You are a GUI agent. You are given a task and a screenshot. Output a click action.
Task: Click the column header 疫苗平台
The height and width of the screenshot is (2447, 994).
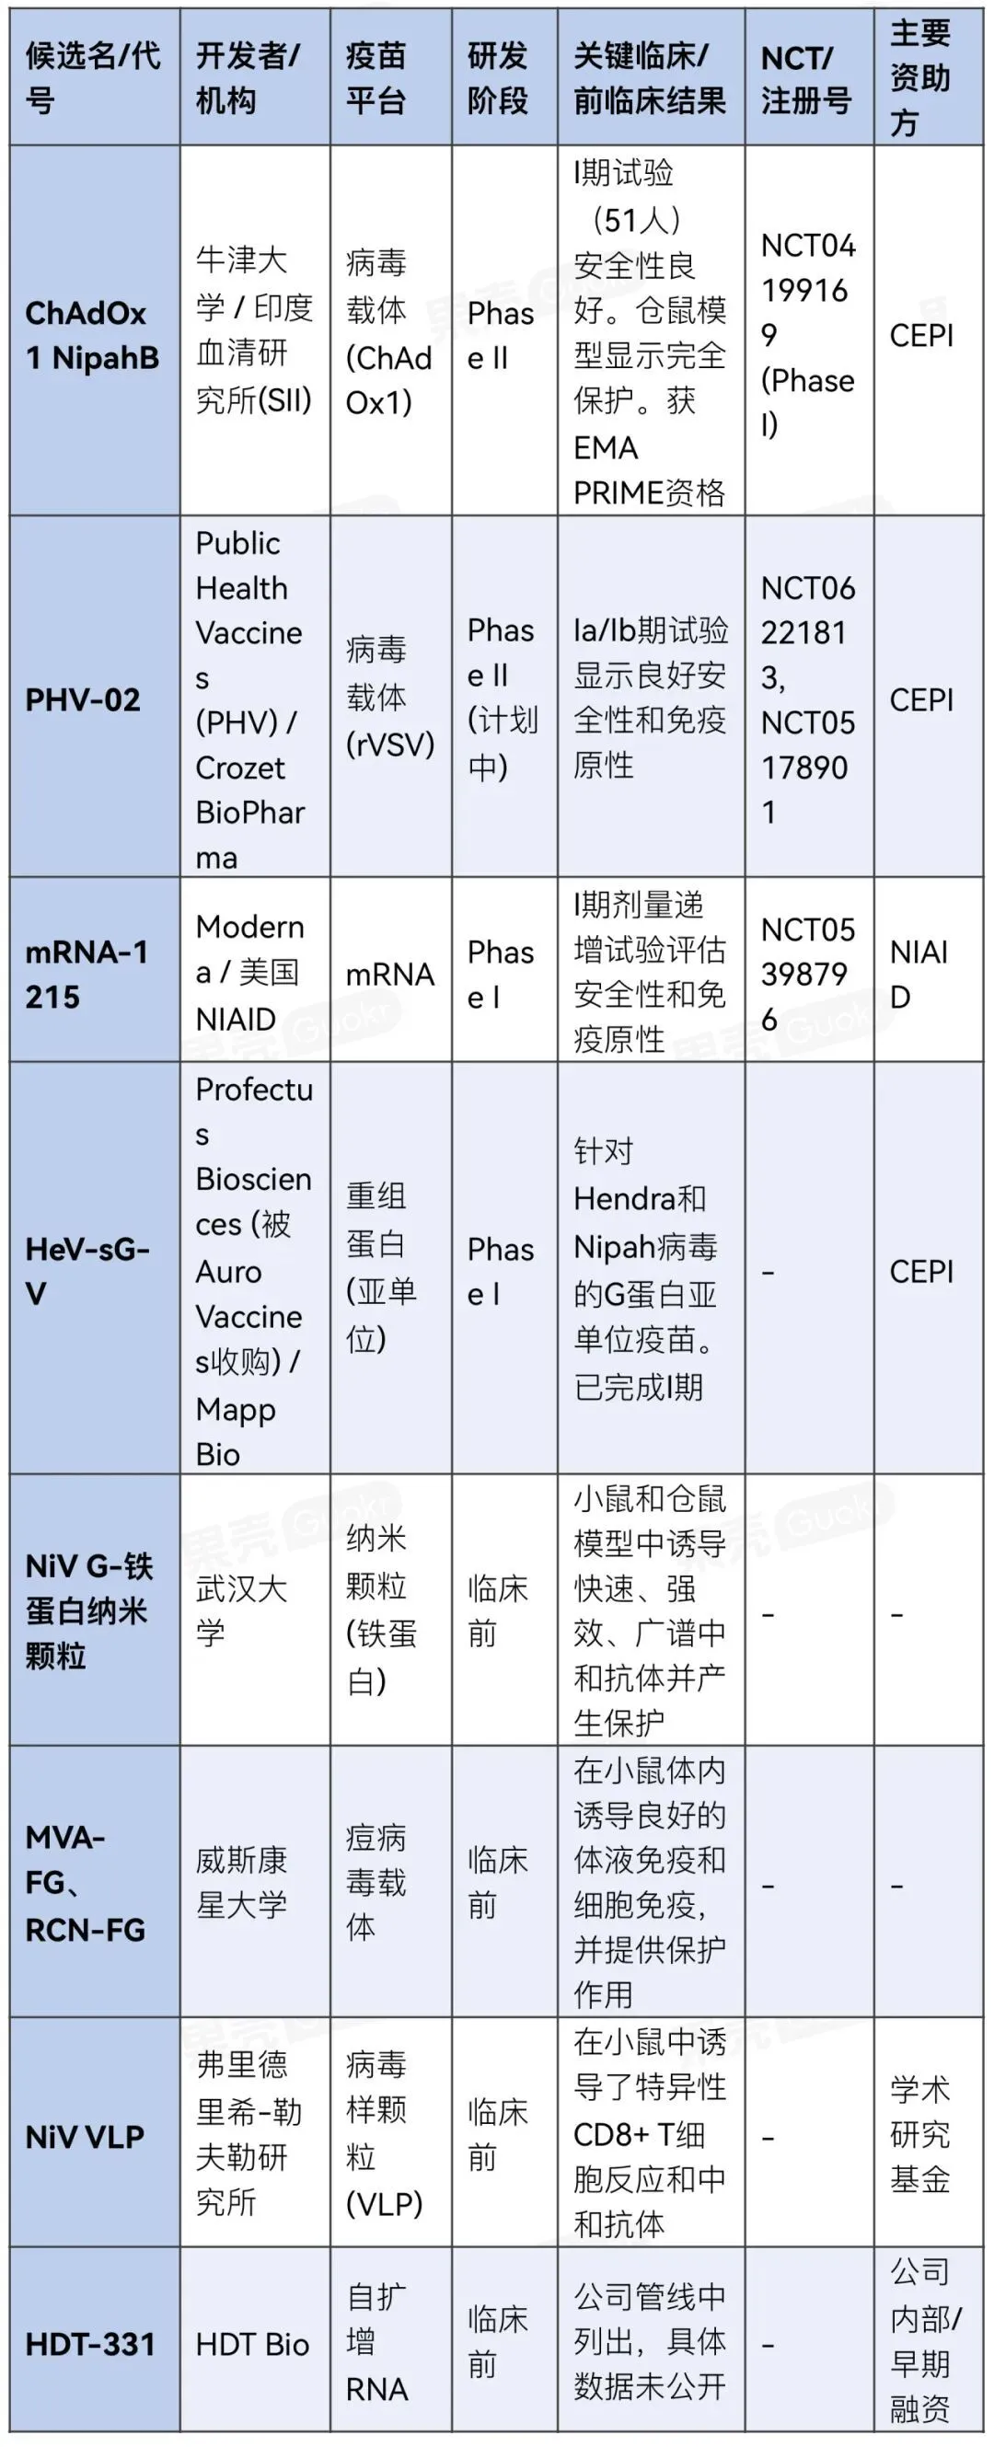click(376, 78)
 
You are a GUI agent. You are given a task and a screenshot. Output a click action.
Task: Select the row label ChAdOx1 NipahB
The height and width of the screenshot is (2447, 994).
click(91, 335)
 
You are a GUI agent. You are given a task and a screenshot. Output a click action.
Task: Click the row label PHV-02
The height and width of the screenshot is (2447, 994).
click(83, 700)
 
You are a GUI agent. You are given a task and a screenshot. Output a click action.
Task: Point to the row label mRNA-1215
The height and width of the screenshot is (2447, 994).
click(87, 974)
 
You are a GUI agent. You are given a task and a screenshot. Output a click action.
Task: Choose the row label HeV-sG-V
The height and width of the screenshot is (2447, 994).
click(87, 1271)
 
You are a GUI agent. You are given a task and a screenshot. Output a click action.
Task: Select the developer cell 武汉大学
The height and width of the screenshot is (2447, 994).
click(241, 1610)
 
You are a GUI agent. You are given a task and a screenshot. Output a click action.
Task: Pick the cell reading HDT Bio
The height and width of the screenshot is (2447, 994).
click(252, 2345)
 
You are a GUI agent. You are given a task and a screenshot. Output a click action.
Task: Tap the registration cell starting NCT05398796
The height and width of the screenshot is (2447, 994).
click(807, 974)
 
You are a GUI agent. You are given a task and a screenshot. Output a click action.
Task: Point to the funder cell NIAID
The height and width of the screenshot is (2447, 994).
click(918, 974)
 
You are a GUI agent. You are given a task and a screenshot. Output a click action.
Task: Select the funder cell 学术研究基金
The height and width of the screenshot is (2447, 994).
click(919, 2133)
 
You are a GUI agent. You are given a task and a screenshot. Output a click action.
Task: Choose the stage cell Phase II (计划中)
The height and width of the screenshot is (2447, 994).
click(502, 698)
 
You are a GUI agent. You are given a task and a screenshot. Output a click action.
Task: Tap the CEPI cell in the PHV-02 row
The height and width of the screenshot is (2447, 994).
click(920, 700)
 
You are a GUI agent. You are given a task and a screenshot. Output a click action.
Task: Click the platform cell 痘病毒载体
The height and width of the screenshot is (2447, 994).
click(376, 1882)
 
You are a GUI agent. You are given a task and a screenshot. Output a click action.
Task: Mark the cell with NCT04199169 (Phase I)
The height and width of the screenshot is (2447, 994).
click(807, 335)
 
